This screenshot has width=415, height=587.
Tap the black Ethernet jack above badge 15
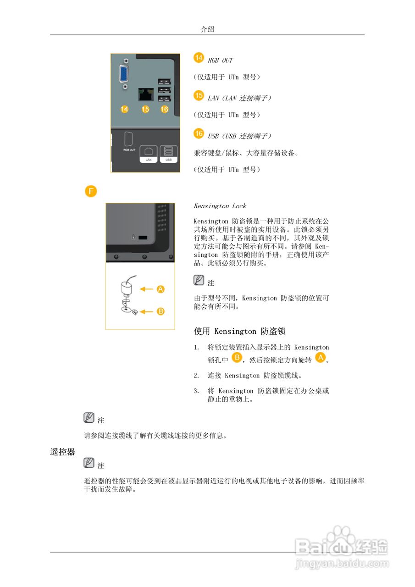pos(145,95)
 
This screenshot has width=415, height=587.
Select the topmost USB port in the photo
pos(164,82)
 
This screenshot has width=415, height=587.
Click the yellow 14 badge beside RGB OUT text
pos(199,58)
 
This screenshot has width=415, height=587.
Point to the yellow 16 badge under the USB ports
pos(165,109)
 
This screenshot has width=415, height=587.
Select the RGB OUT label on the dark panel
pos(129,150)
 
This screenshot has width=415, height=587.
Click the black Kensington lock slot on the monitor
pos(143,238)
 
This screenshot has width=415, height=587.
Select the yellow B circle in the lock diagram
pos(161,311)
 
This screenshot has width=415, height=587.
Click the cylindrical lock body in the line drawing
pos(126,288)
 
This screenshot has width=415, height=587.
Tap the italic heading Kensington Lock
pos(220,206)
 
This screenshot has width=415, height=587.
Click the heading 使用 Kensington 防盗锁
pos(240,331)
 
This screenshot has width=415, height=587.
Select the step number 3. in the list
pos(196,391)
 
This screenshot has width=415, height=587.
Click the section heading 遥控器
pos(62,452)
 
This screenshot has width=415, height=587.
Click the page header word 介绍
pos(207,29)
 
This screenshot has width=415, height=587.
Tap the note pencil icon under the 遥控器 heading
pos(89,463)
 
